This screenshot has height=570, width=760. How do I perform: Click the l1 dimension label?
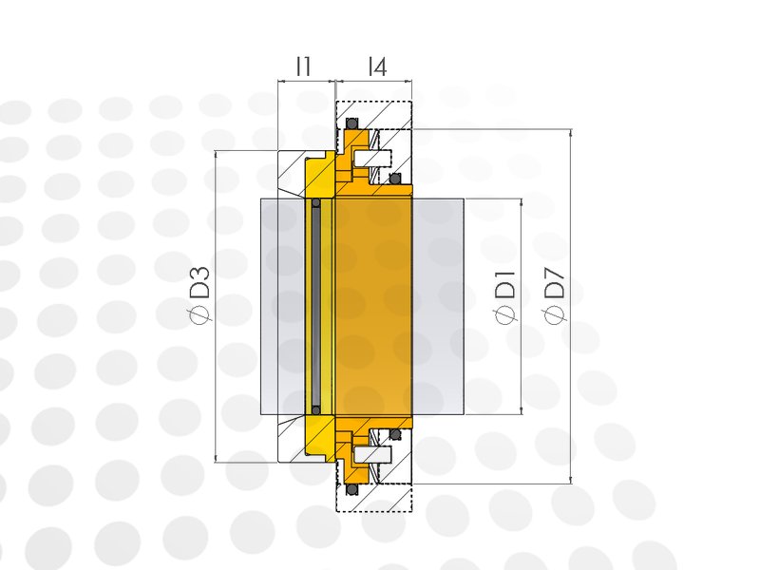pos(303,66)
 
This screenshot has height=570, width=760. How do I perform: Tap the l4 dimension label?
pos(377,66)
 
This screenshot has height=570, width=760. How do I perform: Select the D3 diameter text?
pos(199,281)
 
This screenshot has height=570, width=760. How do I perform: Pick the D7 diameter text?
pos(555,282)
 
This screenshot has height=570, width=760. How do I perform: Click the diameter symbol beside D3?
pos(199,313)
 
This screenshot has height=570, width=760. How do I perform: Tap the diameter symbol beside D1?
pos(505,314)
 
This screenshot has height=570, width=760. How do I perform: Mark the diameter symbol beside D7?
pos(555,314)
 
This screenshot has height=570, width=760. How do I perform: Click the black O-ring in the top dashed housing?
pos(351,124)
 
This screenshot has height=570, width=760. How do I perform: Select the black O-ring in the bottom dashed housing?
pos(351,489)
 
